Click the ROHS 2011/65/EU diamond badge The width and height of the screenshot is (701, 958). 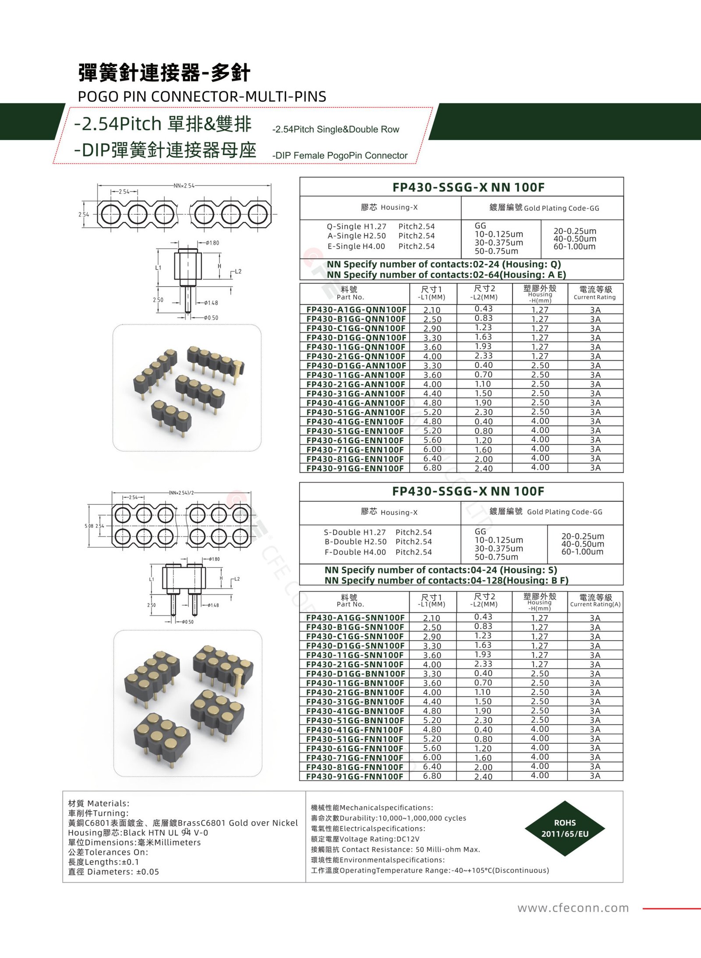coord(565,828)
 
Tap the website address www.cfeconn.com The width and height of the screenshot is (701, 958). coord(573,908)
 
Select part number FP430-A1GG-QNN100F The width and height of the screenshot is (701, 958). coord(356,309)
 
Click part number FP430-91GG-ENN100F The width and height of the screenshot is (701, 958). coord(355,468)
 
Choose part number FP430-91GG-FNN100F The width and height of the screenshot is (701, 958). coord(354,776)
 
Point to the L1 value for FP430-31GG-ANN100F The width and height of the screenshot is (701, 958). coord(432,394)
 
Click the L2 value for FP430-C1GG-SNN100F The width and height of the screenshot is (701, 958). coord(483,635)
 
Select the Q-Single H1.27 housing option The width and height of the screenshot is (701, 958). coord(357,227)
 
